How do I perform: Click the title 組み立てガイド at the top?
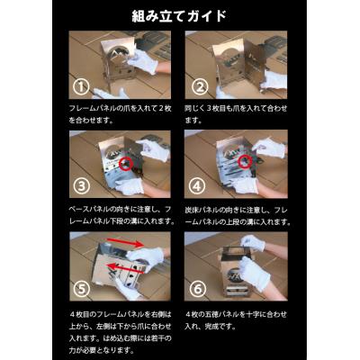point(180,16)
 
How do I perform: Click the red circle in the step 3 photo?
point(124,164)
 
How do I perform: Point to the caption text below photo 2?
point(236,112)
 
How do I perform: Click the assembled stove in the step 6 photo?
point(238,270)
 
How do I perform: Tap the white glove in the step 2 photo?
point(270,79)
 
